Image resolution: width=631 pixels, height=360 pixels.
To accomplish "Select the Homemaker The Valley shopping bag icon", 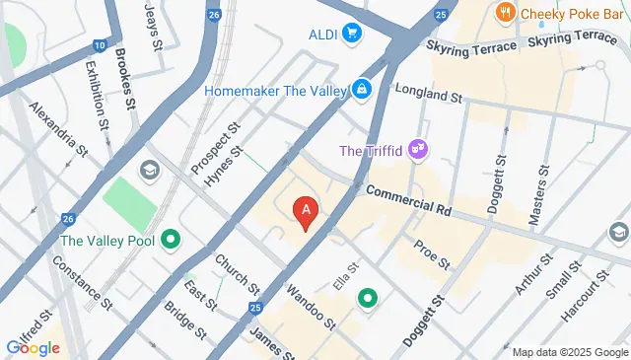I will pyautogui.click(x=363, y=90).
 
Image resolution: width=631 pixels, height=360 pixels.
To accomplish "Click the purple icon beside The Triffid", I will pyautogui.click(x=419, y=150).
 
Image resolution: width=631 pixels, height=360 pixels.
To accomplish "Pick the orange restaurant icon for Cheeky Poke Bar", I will pyautogui.click(x=506, y=13).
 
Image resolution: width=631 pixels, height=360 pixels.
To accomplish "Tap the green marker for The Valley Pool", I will pyautogui.click(x=171, y=239).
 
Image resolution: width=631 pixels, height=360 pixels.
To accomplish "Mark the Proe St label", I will pyautogui.click(x=431, y=254).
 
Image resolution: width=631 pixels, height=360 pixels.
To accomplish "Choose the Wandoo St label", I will pyautogui.click(x=312, y=308).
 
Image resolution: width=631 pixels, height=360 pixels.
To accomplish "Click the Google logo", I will pyautogui.click(x=33, y=347).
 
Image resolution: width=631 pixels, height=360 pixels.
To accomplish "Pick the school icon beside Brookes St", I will pyautogui.click(x=150, y=172).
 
